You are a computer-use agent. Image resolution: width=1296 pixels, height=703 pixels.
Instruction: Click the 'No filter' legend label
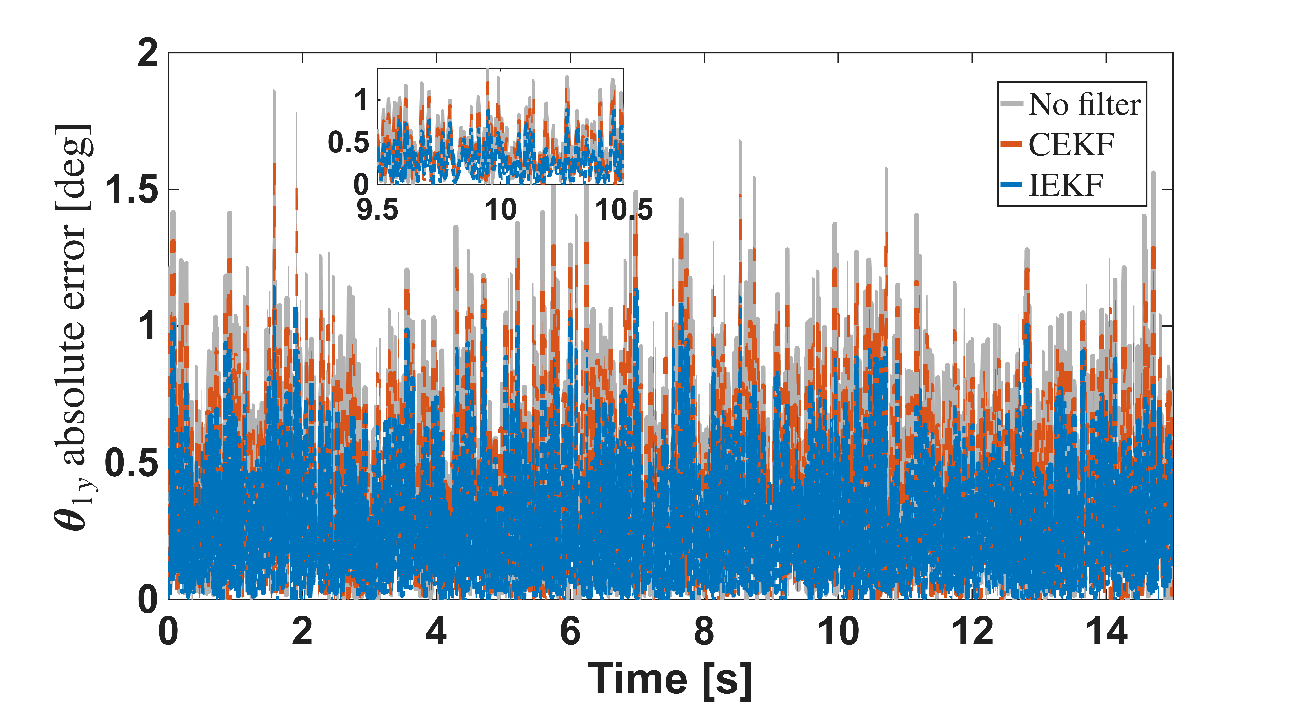[1084, 105]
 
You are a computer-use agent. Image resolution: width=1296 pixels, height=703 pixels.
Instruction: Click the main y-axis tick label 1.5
[132, 190]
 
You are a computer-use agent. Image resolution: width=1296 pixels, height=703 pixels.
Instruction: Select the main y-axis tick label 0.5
[132, 463]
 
